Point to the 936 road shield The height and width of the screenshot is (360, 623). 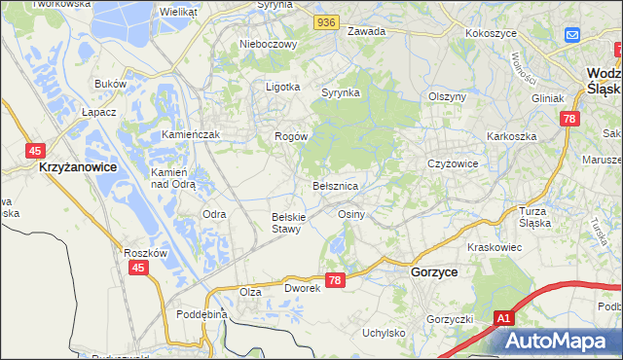[x=326, y=20]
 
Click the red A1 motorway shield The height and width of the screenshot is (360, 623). [x=503, y=317]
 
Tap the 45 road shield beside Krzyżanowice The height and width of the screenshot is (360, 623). [x=35, y=150]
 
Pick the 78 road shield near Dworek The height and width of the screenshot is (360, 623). [x=335, y=280]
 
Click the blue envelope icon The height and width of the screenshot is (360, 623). [x=572, y=35]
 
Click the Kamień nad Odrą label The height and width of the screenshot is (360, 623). [x=174, y=177]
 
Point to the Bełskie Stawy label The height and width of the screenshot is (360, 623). [x=289, y=222]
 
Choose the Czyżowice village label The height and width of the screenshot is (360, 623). [x=453, y=163]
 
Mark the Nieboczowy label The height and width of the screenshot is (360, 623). [x=267, y=44]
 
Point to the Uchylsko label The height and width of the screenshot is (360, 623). [x=384, y=333]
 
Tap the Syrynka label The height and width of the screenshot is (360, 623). [x=341, y=92]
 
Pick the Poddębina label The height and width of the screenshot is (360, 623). [x=202, y=314]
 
